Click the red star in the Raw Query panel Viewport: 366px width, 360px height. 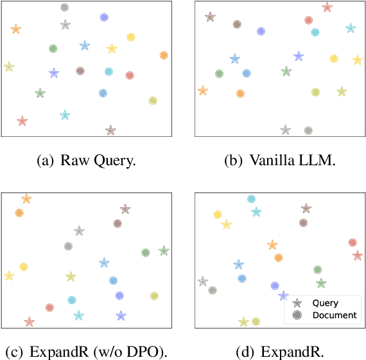22,121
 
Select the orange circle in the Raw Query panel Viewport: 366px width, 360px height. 164,55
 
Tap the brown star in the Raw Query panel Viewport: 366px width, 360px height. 110,130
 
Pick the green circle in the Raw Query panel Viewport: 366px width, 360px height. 53,48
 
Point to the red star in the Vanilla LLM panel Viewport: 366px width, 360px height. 327,7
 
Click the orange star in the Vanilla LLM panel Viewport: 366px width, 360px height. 203,91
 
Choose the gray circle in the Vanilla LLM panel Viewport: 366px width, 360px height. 308,130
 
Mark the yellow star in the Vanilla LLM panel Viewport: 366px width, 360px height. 357,60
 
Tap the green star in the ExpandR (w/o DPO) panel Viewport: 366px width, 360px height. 164,251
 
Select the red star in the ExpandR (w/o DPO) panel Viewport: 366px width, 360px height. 29,321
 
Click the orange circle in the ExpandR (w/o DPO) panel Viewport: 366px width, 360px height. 19,212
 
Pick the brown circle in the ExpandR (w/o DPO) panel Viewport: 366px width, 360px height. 118,224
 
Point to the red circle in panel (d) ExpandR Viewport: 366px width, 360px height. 352,242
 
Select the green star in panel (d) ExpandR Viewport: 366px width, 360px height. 321,283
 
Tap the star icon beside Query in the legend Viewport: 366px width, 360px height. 296,303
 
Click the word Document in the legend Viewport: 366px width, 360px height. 334,315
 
